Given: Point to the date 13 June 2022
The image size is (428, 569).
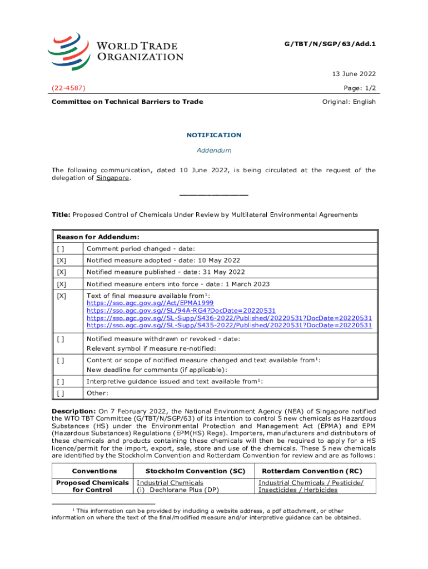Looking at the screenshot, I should pos(353,74).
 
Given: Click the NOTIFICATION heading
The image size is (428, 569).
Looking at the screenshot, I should pos(213,135).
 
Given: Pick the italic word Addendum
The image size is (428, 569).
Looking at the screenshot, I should pos(213,151).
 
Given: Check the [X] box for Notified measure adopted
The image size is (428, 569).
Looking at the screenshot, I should pos(61,261).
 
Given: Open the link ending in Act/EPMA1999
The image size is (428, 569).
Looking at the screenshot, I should pos(150,303).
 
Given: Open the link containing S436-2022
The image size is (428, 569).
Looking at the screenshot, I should pos(229,318).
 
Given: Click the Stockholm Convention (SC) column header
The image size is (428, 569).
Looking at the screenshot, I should pos(192,471).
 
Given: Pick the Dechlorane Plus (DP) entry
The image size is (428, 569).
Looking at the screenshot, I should pos(177,490).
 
